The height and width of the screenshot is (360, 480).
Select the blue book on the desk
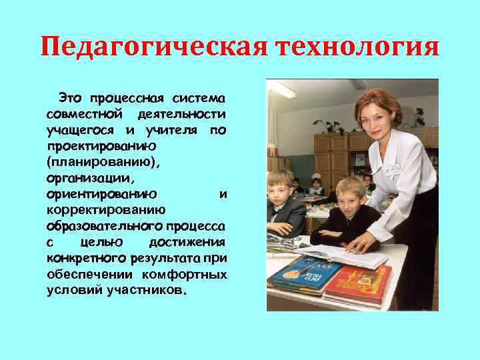coord(303,273)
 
